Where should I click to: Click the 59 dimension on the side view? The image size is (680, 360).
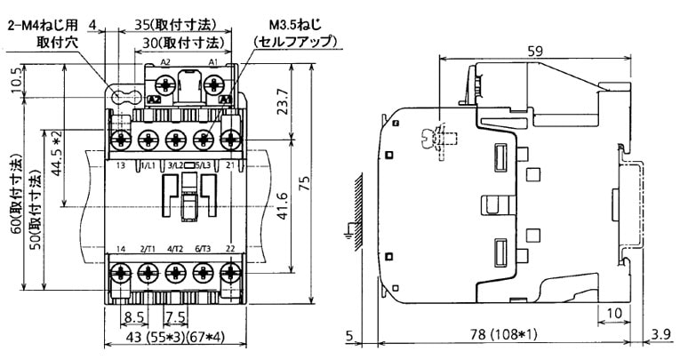click(x=535, y=52)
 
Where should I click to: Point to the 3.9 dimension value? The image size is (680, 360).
click(x=660, y=335)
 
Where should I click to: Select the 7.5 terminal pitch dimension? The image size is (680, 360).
click(x=174, y=316)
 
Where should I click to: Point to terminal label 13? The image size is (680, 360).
click(x=120, y=166)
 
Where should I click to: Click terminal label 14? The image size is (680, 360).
click(x=120, y=248)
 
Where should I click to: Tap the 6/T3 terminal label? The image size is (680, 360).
click(x=203, y=248)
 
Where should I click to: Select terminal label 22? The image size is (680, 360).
click(x=231, y=248)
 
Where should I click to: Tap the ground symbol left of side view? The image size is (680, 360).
click(x=348, y=235)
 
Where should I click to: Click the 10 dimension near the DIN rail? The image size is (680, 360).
click(x=614, y=313)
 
